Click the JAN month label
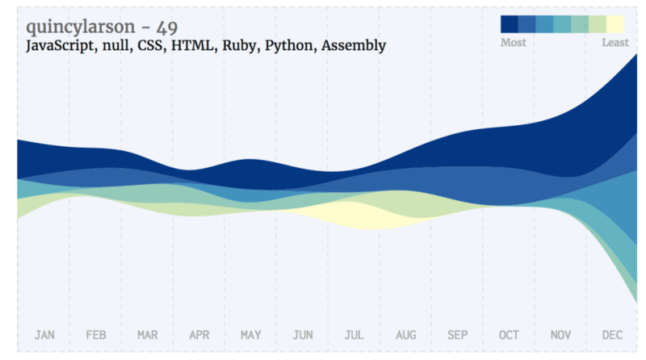coord(44,334)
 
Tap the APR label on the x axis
coord(199,334)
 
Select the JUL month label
coord(354,334)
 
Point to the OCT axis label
coord(509,334)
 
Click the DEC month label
coord(612,334)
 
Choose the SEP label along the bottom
coord(457,334)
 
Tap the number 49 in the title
coord(168,27)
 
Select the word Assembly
coord(354,46)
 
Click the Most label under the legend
coord(513,43)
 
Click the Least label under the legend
coord(615,43)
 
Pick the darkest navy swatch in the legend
coord(509,24)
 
